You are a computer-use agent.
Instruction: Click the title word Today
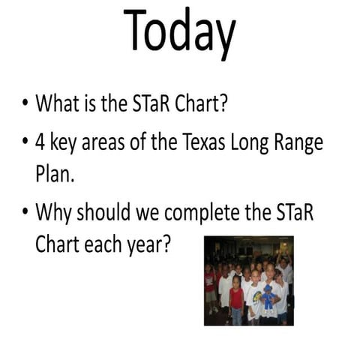tap(180, 31)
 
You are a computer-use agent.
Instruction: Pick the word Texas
tap(214, 142)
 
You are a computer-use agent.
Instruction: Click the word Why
tap(55, 213)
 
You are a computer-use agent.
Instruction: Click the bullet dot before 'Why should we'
tap(25, 213)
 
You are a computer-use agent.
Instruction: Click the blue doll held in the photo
tap(268, 296)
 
